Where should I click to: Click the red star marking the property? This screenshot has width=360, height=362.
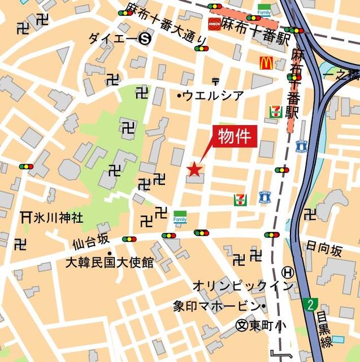click(x=194, y=168)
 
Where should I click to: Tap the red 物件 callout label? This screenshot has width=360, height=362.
click(x=234, y=136)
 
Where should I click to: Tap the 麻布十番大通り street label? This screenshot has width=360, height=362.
click(x=166, y=27)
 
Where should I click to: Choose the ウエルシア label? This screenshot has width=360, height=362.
click(x=212, y=96)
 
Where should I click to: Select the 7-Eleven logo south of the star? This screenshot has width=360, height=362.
click(x=240, y=199)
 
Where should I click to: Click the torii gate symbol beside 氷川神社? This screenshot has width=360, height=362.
click(x=25, y=216)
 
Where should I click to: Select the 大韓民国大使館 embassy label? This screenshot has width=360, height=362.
click(x=109, y=262)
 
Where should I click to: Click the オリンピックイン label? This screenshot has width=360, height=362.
click(x=243, y=286)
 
